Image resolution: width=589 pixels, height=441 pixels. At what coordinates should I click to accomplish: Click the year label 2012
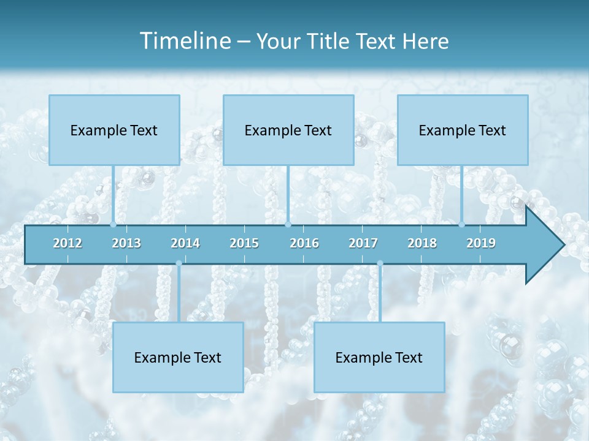tap(67, 243)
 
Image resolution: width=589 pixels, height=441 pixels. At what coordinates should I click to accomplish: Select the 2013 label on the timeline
tap(126, 243)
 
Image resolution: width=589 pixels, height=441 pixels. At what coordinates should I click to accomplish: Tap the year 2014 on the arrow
tap(185, 243)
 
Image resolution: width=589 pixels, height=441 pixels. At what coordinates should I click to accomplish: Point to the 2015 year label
tap(244, 243)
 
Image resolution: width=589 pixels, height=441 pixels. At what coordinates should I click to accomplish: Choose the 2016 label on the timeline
tap(304, 243)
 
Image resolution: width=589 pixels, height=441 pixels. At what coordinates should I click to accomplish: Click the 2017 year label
tap(363, 243)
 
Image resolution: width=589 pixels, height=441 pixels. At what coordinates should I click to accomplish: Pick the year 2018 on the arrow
tap(422, 243)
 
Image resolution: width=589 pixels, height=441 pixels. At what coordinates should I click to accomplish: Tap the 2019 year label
tap(481, 243)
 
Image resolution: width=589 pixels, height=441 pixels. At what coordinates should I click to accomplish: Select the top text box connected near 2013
tap(114, 130)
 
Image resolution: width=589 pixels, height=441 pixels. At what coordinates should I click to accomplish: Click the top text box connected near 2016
tap(288, 130)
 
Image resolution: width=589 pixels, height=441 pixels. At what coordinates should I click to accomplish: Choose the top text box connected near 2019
tap(463, 130)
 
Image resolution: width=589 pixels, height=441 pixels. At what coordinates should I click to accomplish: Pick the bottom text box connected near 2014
tap(178, 357)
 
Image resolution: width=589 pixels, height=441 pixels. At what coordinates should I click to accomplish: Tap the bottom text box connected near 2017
tap(379, 357)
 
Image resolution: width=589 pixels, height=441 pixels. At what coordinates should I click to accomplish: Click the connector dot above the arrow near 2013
tap(114, 224)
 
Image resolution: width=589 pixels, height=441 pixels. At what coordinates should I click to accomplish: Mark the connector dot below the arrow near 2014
tap(179, 263)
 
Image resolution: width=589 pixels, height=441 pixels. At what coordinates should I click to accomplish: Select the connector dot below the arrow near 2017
tap(380, 263)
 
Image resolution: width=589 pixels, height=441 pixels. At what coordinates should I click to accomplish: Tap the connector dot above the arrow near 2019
tap(462, 224)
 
